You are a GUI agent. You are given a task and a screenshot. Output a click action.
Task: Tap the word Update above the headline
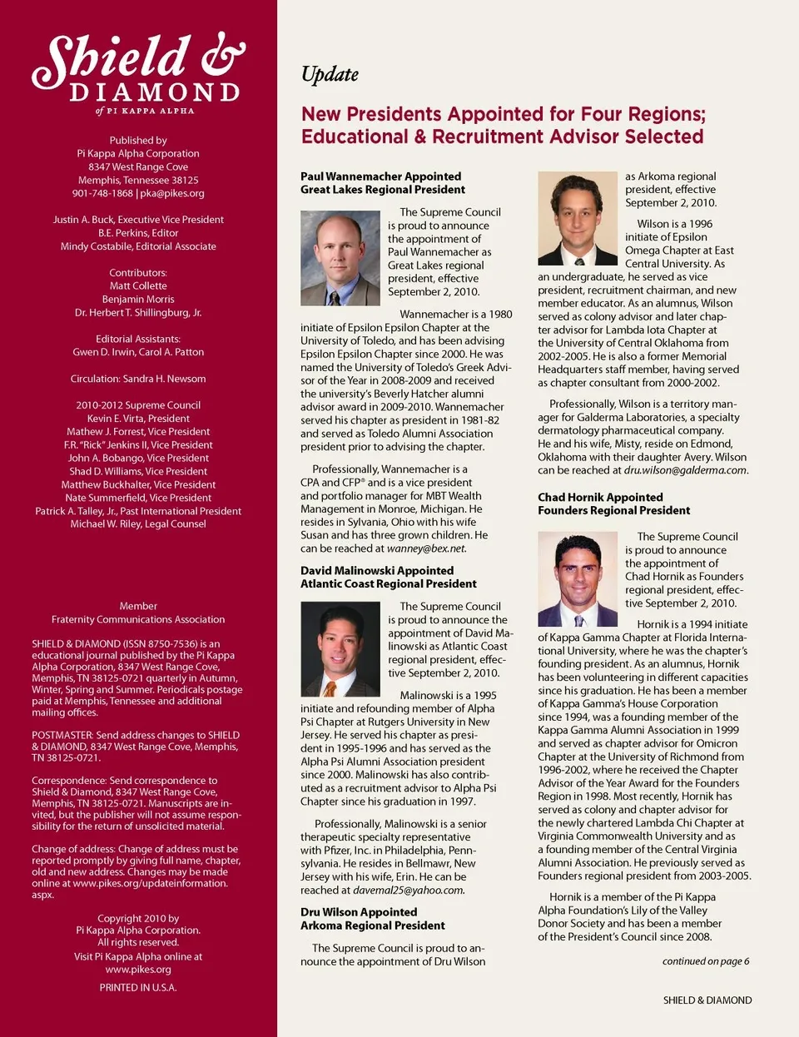coord(330,75)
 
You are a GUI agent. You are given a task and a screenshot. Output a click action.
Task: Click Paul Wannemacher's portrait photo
coord(340,258)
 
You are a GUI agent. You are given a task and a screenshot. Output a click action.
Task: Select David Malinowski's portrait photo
coord(340,650)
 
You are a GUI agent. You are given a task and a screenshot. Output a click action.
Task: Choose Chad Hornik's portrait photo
coord(578,579)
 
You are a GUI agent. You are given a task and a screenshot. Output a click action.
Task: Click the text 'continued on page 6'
coord(705,961)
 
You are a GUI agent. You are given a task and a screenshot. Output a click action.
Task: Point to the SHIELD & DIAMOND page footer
coord(707,1000)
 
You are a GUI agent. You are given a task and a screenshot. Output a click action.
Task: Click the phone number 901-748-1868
coord(102,193)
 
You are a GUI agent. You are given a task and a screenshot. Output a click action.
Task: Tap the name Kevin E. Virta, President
coord(138,419)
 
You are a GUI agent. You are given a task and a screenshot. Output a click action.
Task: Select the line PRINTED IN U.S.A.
coord(138,988)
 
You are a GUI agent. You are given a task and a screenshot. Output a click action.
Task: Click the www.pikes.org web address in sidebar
coord(138,970)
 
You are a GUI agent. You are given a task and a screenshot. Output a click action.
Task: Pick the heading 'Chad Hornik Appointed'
coord(600,498)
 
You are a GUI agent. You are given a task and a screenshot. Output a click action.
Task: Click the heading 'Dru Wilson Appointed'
coord(359,912)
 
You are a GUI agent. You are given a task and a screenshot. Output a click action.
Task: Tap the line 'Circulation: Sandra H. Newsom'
coord(138,379)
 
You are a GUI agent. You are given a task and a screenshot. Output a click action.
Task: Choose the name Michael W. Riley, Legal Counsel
coord(138,524)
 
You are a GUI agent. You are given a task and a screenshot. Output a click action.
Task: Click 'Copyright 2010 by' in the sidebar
coord(138,919)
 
